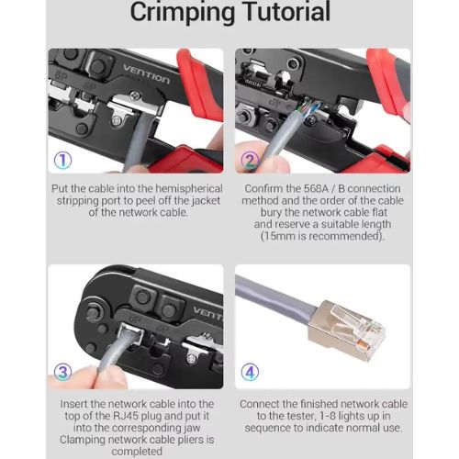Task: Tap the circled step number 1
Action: pyautogui.click(x=63, y=161)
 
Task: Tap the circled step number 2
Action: pyautogui.click(x=250, y=161)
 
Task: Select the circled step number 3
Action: pyautogui.click(x=63, y=372)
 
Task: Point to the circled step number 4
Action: pyautogui.click(x=250, y=372)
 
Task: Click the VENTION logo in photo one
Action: pyautogui.click(x=146, y=74)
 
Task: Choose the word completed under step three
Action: pyautogui.click(x=137, y=452)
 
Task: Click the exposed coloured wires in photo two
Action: pyautogui.click(x=309, y=107)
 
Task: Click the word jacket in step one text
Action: pyautogui.click(x=206, y=201)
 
